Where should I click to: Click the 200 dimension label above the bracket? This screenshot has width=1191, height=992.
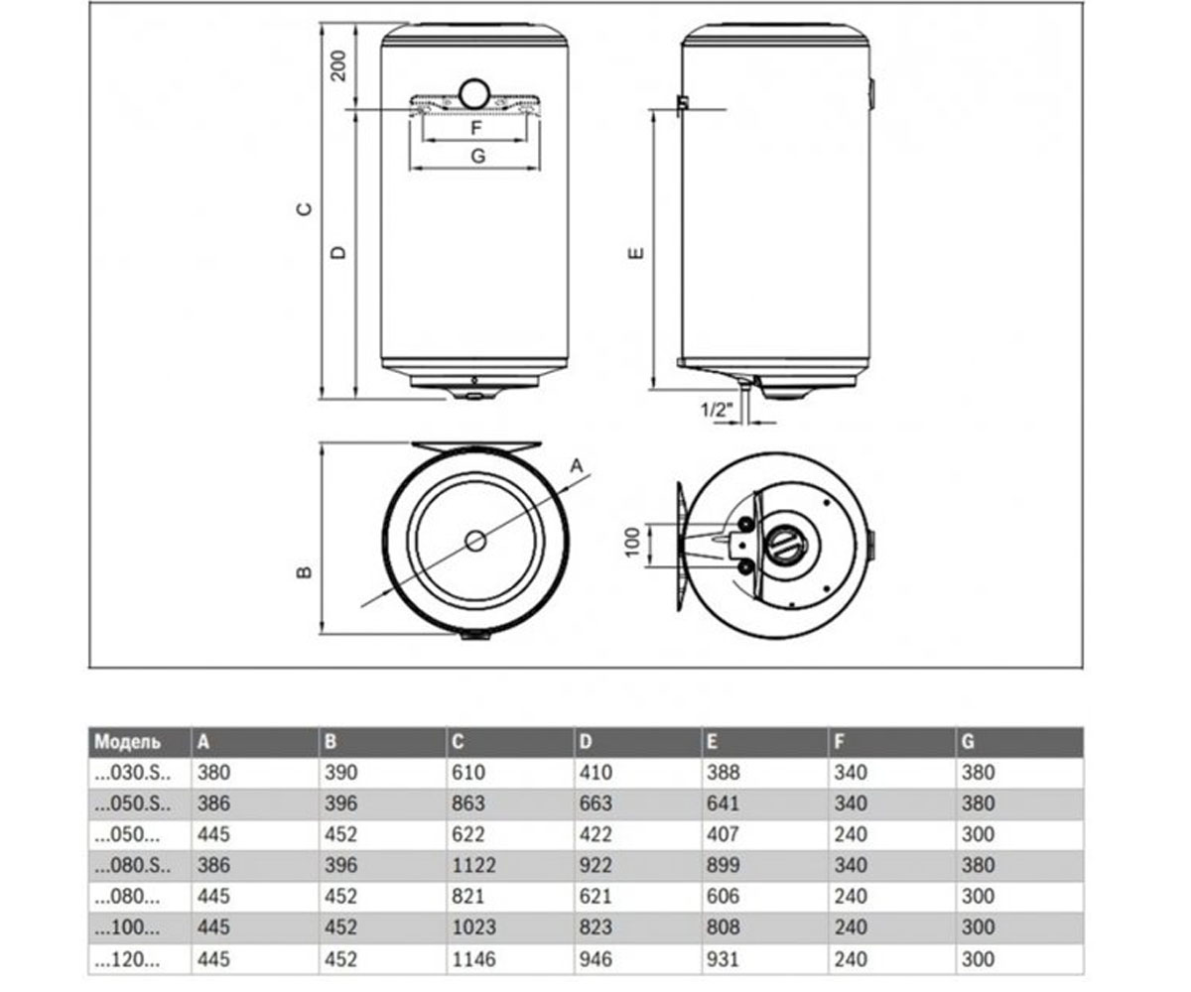338,65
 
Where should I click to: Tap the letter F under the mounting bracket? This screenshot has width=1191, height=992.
476,127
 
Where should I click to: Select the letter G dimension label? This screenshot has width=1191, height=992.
478,156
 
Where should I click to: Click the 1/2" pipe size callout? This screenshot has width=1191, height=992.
716,409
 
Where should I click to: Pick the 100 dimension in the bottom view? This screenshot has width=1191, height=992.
633,542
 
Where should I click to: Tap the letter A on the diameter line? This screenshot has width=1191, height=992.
577,466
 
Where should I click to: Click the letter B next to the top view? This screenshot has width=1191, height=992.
305,571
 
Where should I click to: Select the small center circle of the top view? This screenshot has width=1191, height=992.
475,541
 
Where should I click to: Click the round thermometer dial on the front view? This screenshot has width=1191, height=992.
474,94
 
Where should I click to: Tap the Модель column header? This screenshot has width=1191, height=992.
128,742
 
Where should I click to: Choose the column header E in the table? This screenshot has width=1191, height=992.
712,742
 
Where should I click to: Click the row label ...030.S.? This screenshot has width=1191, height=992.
132,773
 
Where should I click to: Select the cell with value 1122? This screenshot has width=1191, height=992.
474,865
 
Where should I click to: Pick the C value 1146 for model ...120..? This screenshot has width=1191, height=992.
474,959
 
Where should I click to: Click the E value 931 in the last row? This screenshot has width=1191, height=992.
723,959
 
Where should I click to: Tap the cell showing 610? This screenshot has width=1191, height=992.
468,773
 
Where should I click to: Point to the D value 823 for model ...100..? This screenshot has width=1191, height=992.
595,928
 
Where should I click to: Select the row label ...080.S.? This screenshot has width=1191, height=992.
132,866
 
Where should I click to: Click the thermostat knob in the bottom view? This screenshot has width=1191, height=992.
785,544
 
